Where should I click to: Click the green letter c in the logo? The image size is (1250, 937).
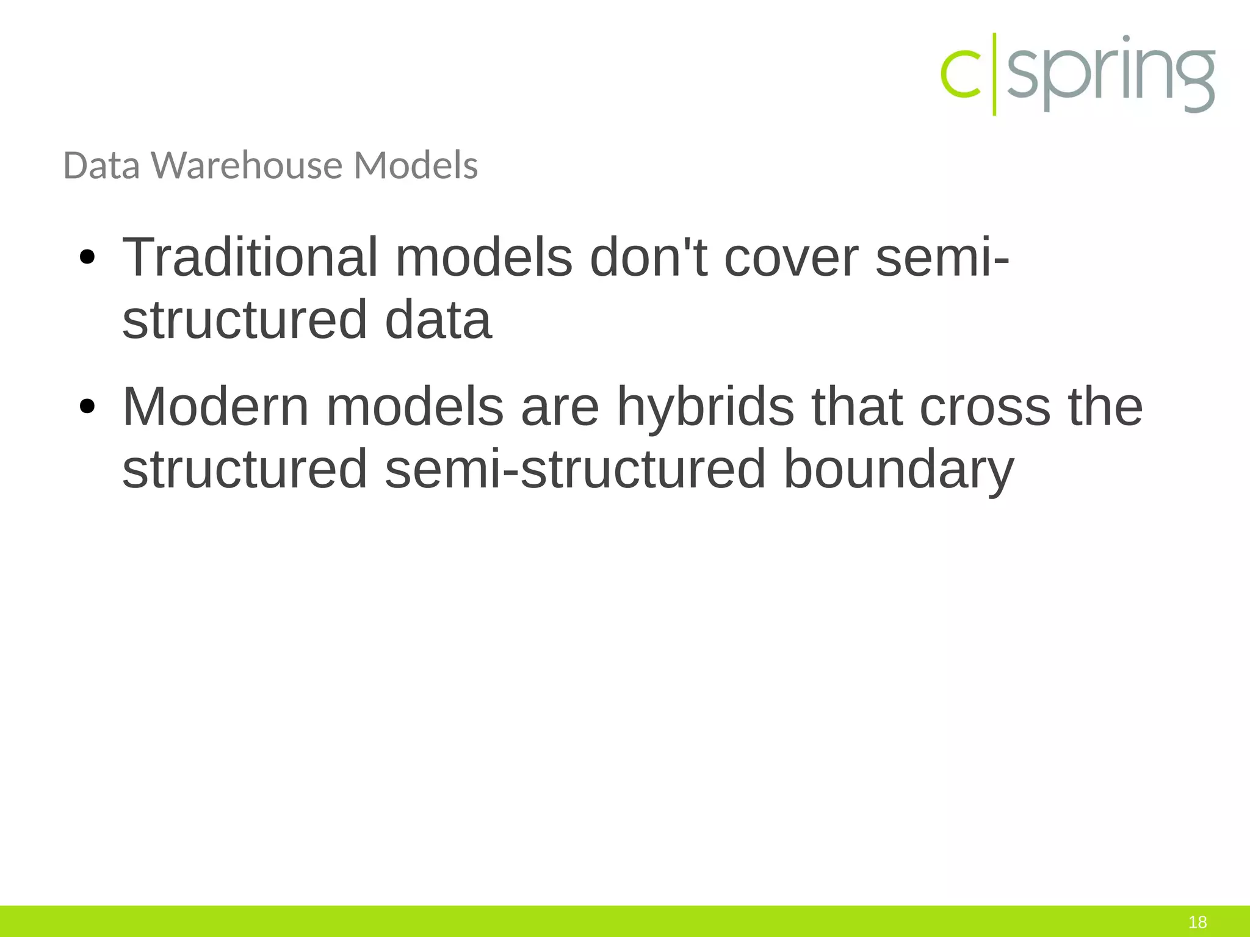coord(961,74)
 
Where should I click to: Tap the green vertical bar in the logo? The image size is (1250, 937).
coord(994,74)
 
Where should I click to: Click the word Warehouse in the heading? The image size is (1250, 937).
coord(247,165)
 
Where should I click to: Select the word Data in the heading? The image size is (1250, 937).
coord(101,165)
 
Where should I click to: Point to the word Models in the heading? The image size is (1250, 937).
coord(416,165)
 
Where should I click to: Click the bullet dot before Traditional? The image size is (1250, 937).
coord(87,258)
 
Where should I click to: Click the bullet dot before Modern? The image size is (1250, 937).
coord(87,407)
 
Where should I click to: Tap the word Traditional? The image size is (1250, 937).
coord(250,257)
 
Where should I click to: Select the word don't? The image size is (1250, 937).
coord(648,257)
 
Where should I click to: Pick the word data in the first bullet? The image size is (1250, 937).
coord(438,320)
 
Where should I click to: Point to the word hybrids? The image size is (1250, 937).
coord(706,407)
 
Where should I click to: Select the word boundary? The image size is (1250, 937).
coord(898,470)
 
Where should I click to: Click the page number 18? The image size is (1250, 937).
coord(1198,922)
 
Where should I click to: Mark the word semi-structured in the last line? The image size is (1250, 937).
coord(575,470)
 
